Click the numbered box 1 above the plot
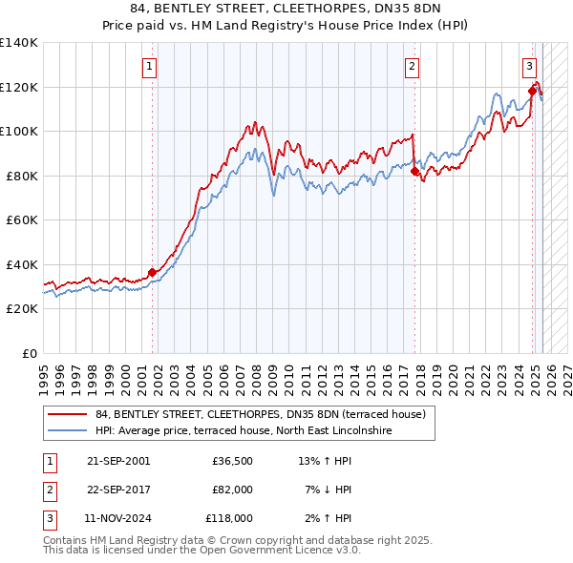[152, 67]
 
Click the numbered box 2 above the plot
[412, 67]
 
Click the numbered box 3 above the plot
[529, 67]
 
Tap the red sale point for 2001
[152, 272]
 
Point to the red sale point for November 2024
[532, 92]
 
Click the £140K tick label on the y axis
[19, 43]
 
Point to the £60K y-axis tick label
[22, 219]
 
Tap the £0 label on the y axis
[30, 353]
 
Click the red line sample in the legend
[67, 414]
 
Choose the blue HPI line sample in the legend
[67, 430]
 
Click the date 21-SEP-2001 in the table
[118, 461]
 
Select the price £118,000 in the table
[229, 518]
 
